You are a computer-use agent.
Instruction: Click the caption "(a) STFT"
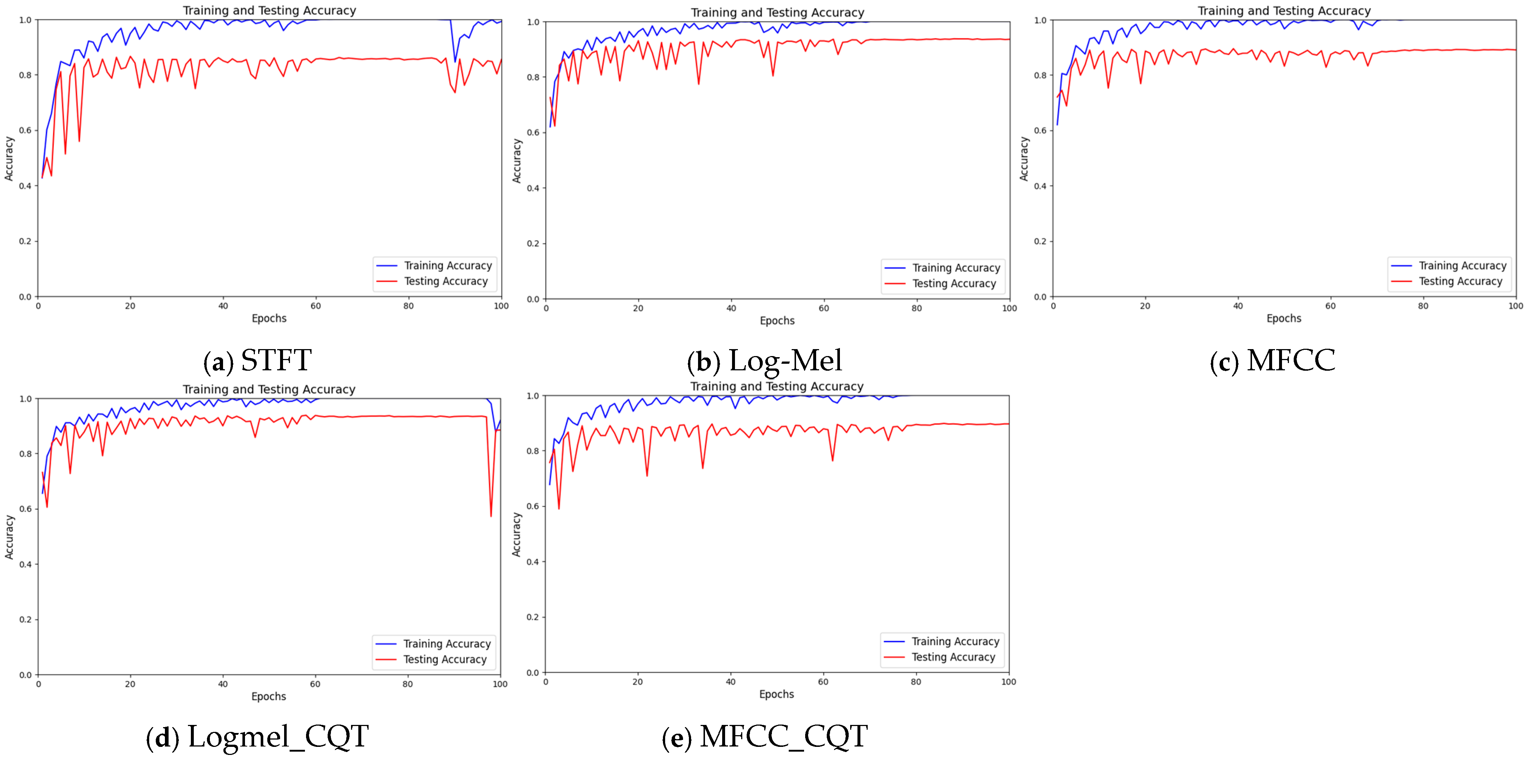[x=257, y=360]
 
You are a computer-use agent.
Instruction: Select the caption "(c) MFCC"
[x=1272, y=361]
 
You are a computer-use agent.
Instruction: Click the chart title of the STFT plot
[x=269, y=10]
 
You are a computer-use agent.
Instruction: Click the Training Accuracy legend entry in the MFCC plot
[x=1462, y=266]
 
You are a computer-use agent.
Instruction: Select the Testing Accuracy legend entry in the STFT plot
[x=446, y=281]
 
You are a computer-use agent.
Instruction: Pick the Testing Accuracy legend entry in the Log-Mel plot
[x=954, y=284]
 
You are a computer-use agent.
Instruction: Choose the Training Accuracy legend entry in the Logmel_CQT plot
[x=447, y=644]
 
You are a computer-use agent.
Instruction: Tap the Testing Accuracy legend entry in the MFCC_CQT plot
[x=953, y=657]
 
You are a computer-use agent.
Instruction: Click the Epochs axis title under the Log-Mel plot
[x=777, y=321]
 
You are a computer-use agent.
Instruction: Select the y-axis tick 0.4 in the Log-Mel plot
[x=533, y=188]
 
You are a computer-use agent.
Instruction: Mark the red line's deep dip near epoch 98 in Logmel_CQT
[x=491, y=515]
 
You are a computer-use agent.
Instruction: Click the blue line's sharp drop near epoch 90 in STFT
[x=455, y=61]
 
